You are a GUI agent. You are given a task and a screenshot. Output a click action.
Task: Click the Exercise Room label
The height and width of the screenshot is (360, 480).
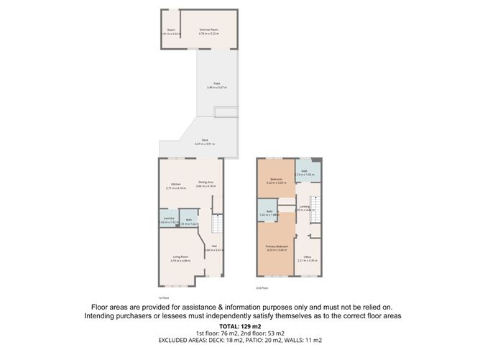[209, 29]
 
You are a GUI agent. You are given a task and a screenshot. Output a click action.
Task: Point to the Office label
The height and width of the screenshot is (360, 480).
[307, 257]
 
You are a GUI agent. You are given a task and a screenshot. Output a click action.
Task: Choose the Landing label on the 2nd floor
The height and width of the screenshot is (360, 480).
[305, 206]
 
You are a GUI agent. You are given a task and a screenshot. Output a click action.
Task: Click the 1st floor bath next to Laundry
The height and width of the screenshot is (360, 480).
[189, 221]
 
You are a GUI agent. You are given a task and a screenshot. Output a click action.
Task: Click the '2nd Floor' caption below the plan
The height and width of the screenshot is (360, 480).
[262, 287]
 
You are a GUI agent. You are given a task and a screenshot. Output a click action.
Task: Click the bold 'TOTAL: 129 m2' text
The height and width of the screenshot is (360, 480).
[239, 327]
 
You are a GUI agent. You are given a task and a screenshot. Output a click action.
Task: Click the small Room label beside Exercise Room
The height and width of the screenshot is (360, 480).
[170, 29]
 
